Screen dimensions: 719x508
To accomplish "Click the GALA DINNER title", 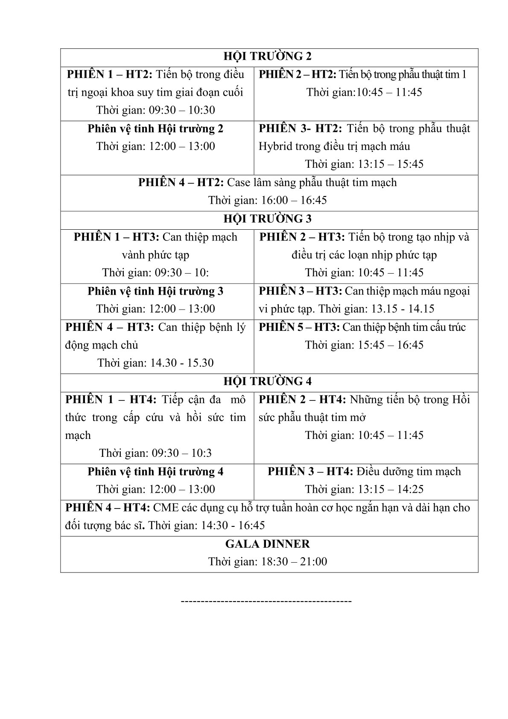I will [x=268, y=544].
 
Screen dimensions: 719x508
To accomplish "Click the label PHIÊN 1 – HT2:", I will [x=110, y=75].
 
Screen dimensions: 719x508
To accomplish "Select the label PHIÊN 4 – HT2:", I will [x=181, y=183].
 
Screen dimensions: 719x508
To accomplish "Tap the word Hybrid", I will [x=273, y=146].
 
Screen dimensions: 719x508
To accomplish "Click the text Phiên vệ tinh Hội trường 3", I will [x=155, y=291].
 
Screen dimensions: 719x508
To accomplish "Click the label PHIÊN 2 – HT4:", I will [x=303, y=400].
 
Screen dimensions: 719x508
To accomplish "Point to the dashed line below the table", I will [x=266, y=601].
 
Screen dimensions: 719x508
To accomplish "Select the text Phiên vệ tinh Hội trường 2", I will [x=155, y=129].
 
